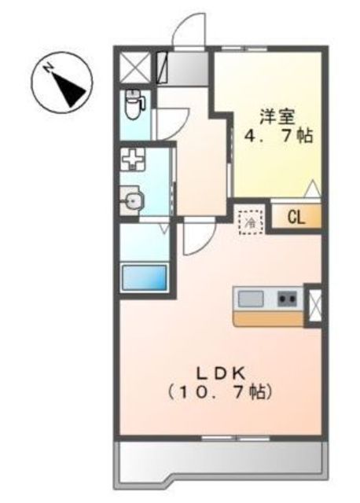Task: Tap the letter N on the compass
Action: (49, 68)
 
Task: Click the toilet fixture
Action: (134, 104)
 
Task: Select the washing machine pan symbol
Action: (133, 159)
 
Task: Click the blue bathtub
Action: (145, 277)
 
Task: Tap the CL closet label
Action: (296, 218)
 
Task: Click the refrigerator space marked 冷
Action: (252, 222)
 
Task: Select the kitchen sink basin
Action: (251, 299)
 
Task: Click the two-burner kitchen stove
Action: (288, 299)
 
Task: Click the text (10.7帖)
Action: (220, 391)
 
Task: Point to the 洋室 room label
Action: (277, 116)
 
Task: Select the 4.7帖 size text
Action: (278, 136)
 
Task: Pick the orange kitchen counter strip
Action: (268, 319)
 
